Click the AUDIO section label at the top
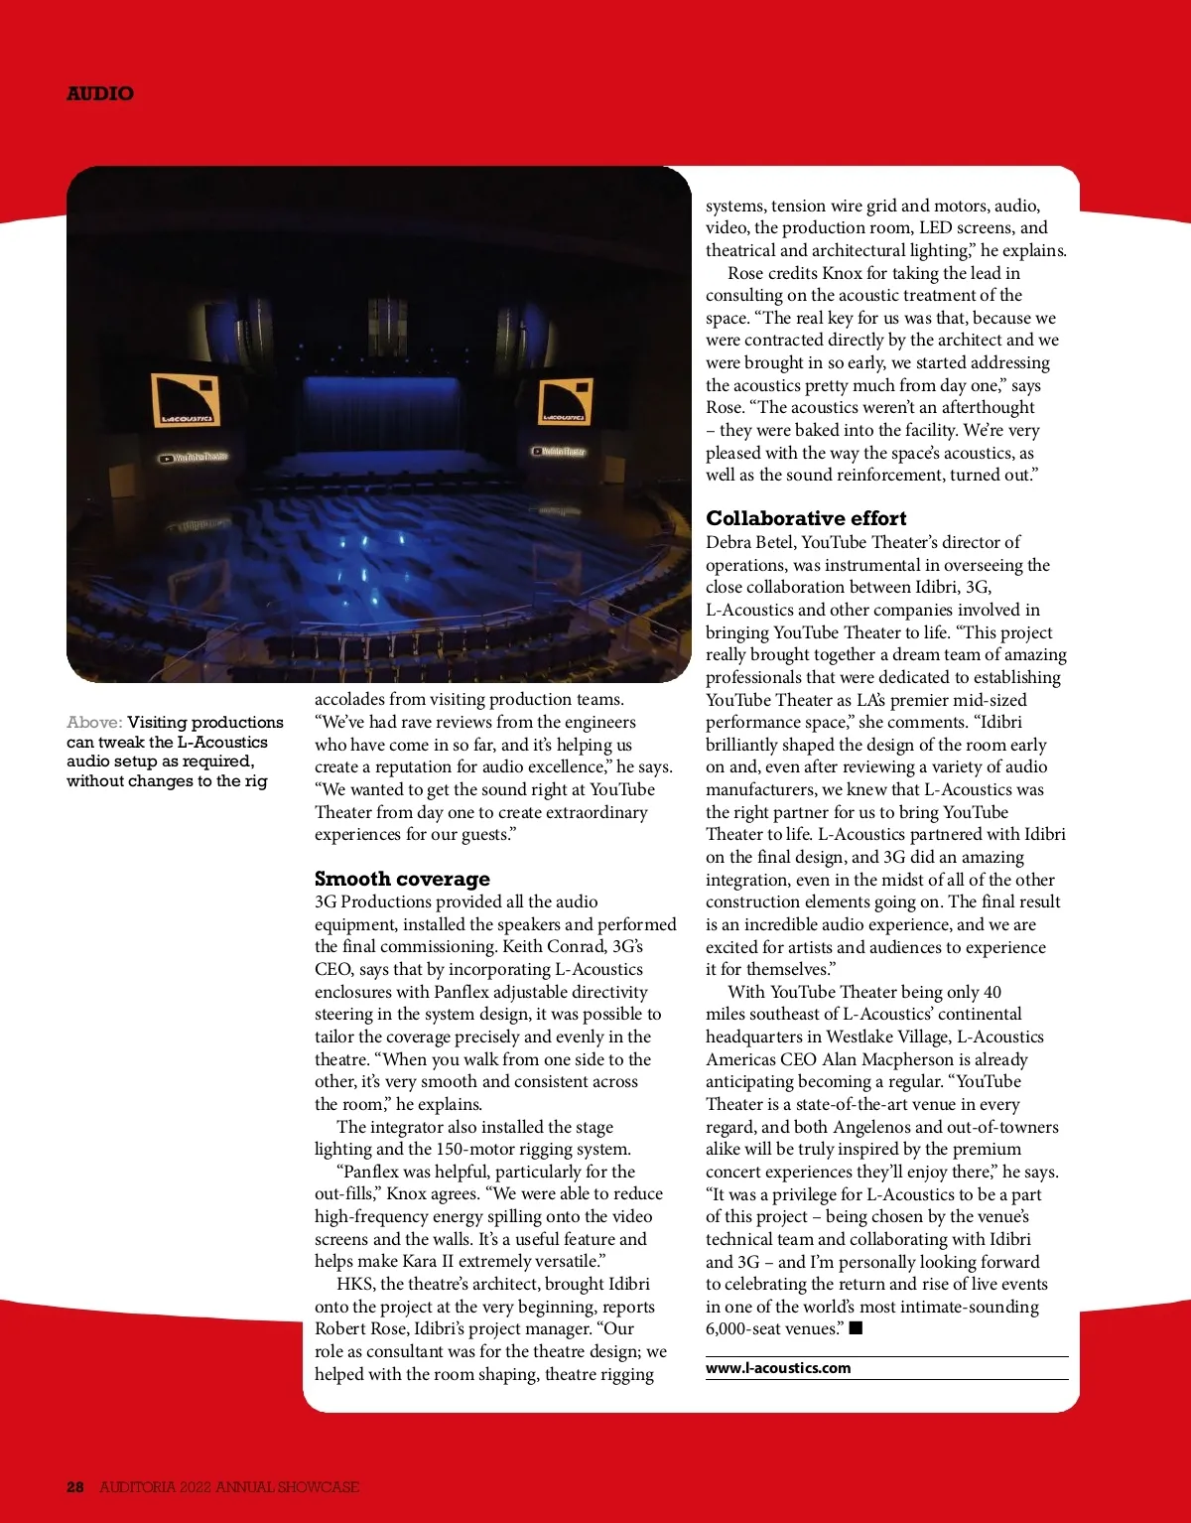99,93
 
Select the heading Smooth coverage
402,879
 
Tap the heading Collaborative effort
806,518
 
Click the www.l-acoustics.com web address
778,1368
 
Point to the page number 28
75,1486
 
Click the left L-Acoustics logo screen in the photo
186,400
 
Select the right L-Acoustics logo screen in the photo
564,400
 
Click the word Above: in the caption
94,723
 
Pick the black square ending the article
857,1328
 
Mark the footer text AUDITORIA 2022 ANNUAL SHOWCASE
229,1486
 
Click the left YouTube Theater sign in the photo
195,458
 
